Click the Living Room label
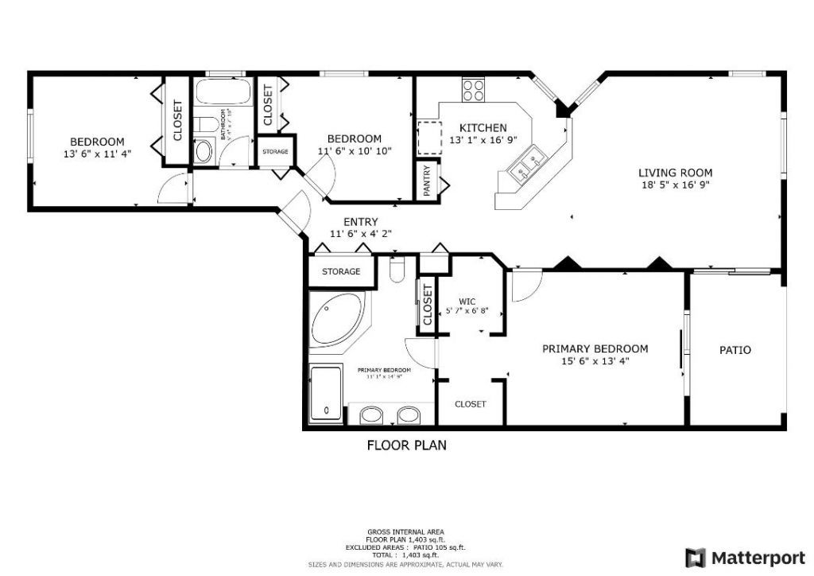[x=675, y=173]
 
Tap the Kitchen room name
[x=483, y=127]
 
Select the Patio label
[x=735, y=350]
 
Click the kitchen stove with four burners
[x=474, y=90]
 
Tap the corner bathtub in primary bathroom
[x=334, y=319]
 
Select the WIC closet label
[x=467, y=302]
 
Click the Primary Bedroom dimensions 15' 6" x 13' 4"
[x=595, y=361]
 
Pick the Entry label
[x=360, y=222]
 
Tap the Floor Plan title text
[x=406, y=446]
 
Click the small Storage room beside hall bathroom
[x=275, y=151]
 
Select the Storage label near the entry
[x=341, y=271]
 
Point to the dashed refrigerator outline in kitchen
[x=429, y=138]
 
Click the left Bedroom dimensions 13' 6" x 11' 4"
[x=97, y=154]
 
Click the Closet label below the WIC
[x=470, y=404]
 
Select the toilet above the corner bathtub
[x=397, y=270]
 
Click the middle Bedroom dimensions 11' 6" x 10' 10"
[x=355, y=150]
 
